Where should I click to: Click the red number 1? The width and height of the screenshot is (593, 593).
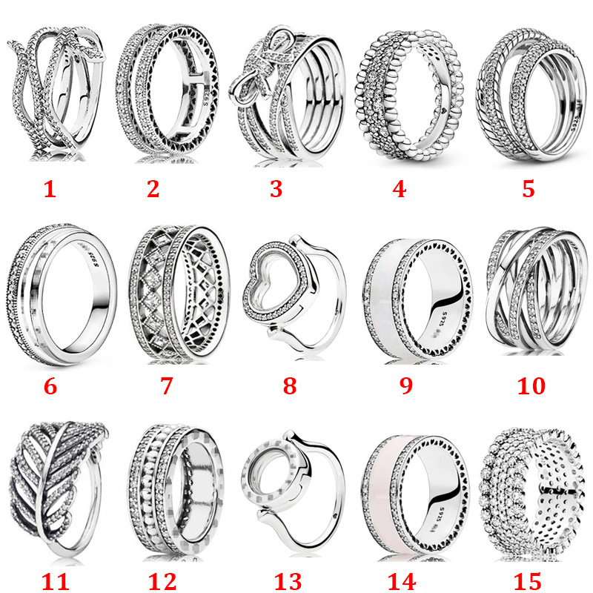[x=49, y=189]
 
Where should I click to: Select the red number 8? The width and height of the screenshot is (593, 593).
[x=289, y=385]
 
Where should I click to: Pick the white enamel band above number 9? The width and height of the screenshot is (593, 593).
[x=404, y=296]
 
